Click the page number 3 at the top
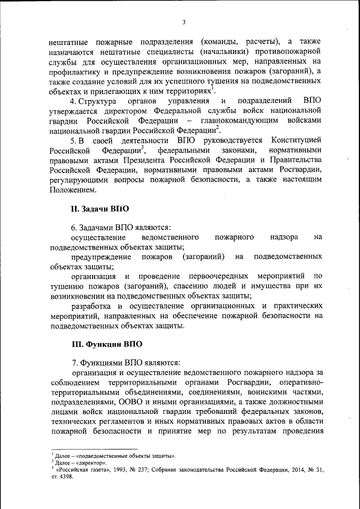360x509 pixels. point(183,22)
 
